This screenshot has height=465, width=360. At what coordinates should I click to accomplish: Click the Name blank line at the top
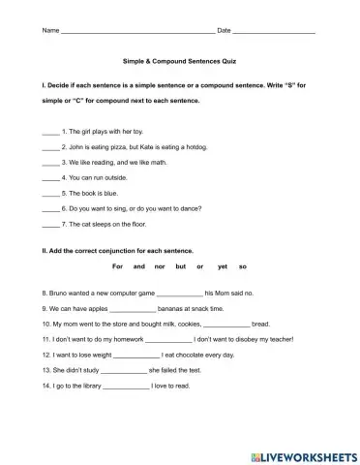[135, 33]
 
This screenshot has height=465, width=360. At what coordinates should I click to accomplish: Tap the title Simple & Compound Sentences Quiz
[180, 60]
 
